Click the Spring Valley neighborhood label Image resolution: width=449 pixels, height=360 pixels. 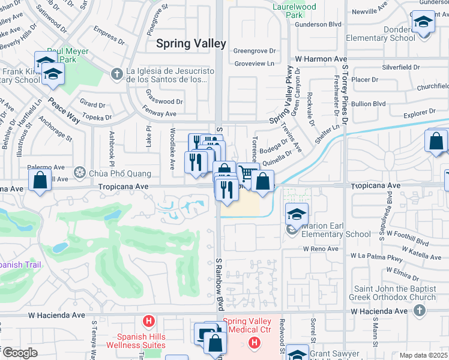coord(191,43)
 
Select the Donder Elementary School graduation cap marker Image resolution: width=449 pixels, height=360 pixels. coord(423,23)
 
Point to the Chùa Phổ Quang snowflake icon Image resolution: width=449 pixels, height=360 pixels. coord(79,173)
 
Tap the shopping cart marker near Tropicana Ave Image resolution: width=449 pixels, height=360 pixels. coord(246,173)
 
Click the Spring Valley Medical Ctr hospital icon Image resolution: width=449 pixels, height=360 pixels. coord(255,343)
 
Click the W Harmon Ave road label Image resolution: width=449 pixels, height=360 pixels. coord(321,59)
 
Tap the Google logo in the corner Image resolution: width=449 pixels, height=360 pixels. coord(19,353)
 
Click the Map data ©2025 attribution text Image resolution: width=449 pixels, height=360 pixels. coord(423,355)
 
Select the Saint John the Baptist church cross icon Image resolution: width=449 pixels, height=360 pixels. coord(420,310)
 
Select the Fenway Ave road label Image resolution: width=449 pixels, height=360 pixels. coord(160,113)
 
